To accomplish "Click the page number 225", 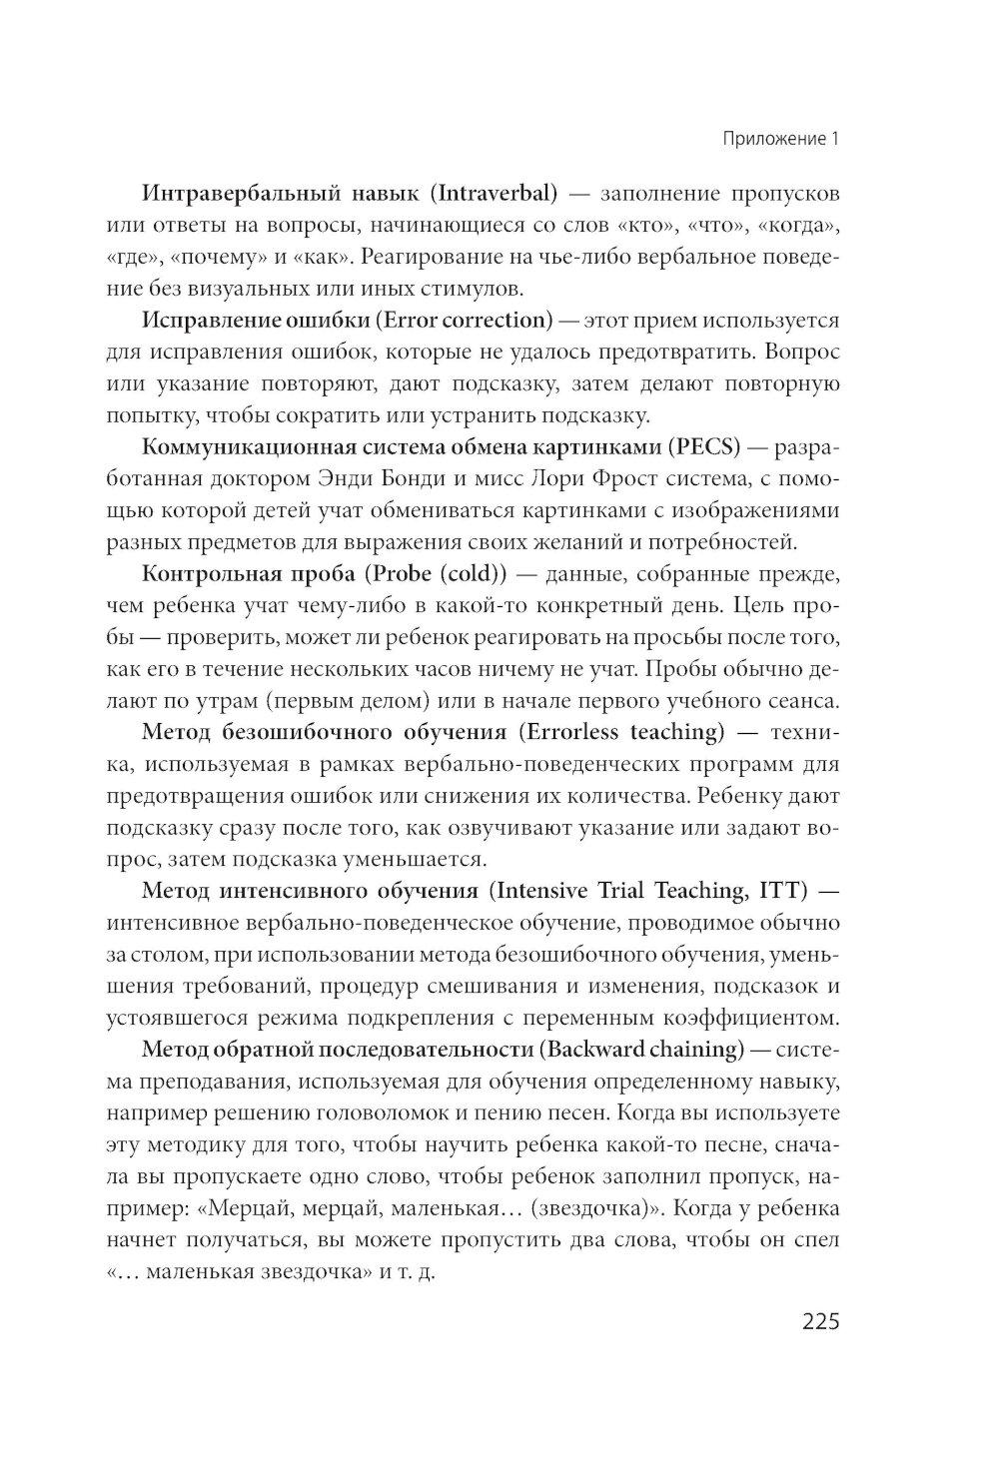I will [x=820, y=1322].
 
